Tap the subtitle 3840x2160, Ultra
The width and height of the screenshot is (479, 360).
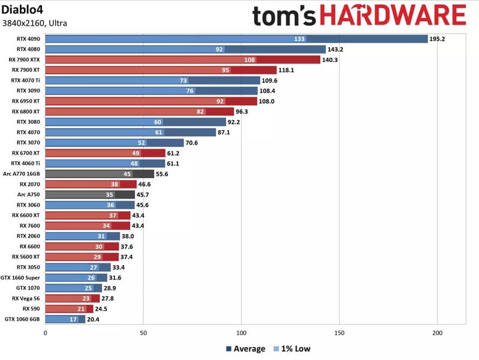pyautogui.click(x=35, y=23)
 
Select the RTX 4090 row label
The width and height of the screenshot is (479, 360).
pyautogui.click(x=29, y=39)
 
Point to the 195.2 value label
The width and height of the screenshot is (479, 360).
pyautogui.click(x=437, y=39)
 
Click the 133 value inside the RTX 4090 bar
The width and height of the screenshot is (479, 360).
pyautogui.click(x=300, y=39)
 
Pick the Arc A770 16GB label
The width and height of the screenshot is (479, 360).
pyautogui.click(x=22, y=174)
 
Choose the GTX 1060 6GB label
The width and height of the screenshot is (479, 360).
pyautogui.click(x=22, y=319)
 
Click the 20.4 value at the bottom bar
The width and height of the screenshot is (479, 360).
pyautogui.click(x=94, y=319)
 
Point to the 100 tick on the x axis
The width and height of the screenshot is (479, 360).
pyautogui.click(x=241, y=332)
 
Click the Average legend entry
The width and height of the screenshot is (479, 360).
pyautogui.click(x=245, y=349)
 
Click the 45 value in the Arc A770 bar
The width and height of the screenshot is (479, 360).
pyautogui.click(x=127, y=174)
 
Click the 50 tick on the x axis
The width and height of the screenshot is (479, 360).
pyautogui.click(x=143, y=332)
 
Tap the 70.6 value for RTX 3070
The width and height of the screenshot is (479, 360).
pyautogui.click(x=193, y=143)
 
